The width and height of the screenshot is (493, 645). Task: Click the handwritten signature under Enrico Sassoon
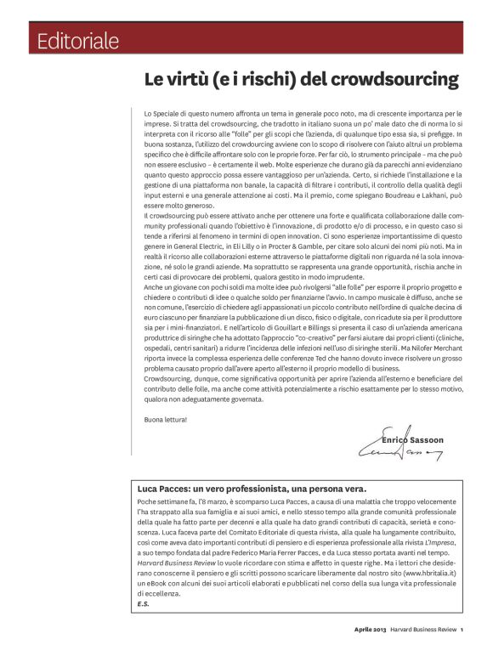click(399, 455)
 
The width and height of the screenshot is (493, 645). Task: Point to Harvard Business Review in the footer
click(422, 629)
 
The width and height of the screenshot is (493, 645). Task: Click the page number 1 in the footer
click(462, 629)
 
